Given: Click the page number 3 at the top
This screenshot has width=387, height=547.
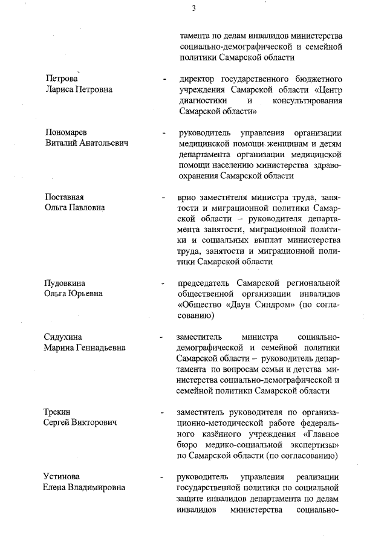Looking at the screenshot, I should (x=193, y=8).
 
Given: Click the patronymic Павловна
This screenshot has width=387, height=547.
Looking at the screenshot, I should (x=85, y=207).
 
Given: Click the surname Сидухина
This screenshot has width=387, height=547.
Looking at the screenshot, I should (x=63, y=337).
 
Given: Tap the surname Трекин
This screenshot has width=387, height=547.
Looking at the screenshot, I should (x=59, y=412).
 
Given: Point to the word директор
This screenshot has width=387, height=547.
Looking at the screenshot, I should (x=197, y=79).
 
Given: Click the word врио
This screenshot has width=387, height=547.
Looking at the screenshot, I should (x=188, y=198).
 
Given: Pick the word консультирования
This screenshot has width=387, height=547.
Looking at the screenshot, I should (x=308, y=100).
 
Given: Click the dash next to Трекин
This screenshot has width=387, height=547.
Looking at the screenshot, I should (x=160, y=412).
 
